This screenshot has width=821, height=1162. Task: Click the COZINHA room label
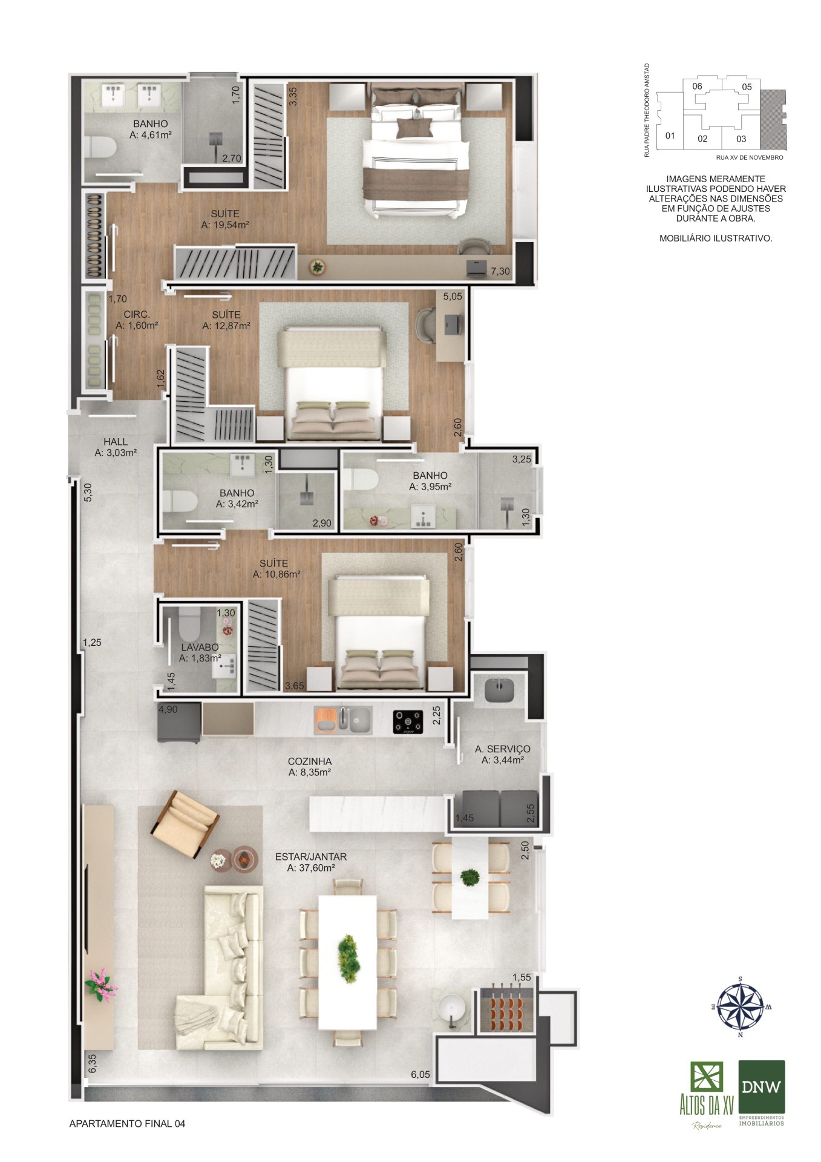[310, 761]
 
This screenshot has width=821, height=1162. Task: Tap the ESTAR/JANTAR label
[311, 856]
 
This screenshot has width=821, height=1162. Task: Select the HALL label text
[116, 442]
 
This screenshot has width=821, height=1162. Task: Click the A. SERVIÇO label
[503, 749]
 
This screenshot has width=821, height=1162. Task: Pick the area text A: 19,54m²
[225, 225]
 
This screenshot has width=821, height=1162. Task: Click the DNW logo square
[762, 1087]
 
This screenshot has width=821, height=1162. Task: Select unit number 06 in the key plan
[697, 86]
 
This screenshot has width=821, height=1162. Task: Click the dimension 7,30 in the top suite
[500, 272]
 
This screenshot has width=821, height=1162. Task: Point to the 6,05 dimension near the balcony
[420, 1074]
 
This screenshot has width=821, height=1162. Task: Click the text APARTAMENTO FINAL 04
[127, 1124]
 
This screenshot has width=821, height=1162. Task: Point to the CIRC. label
[137, 315]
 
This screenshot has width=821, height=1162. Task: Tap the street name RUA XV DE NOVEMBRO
[750, 157]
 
